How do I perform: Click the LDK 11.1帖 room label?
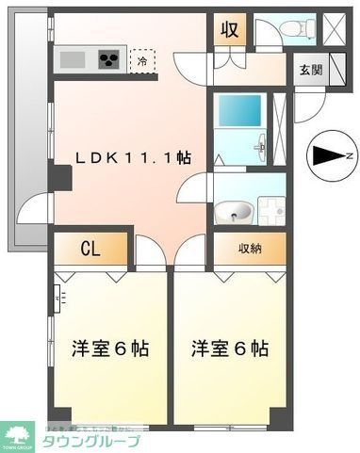[131, 158]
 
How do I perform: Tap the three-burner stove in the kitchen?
[109, 61]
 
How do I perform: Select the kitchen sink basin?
[73, 61]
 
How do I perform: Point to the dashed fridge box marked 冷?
[142, 61]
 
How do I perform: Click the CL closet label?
[90, 250]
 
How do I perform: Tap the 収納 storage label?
[249, 249]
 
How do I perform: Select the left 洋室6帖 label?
[110, 348]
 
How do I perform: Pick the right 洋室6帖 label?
[230, 348]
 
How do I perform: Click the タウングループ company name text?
[92, 442]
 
